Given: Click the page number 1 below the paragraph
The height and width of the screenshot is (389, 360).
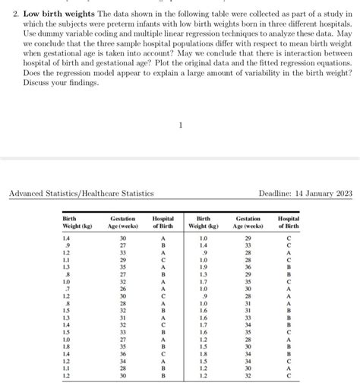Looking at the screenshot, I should tap(181, 125).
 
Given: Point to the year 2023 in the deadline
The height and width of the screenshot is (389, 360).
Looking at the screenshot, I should tap(342, 194).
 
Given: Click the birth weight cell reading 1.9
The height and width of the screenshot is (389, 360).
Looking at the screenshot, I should tap(203, 267).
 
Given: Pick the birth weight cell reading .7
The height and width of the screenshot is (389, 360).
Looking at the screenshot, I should tap(68, 288).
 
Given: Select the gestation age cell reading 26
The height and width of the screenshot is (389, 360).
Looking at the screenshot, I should tap(123, 288).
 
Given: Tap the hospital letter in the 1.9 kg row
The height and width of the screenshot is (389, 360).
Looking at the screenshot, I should tap(288, 267).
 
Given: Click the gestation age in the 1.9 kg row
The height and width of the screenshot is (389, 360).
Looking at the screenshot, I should tap(248, 267).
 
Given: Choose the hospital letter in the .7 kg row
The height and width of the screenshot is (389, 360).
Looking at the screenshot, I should tap(163, 288).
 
